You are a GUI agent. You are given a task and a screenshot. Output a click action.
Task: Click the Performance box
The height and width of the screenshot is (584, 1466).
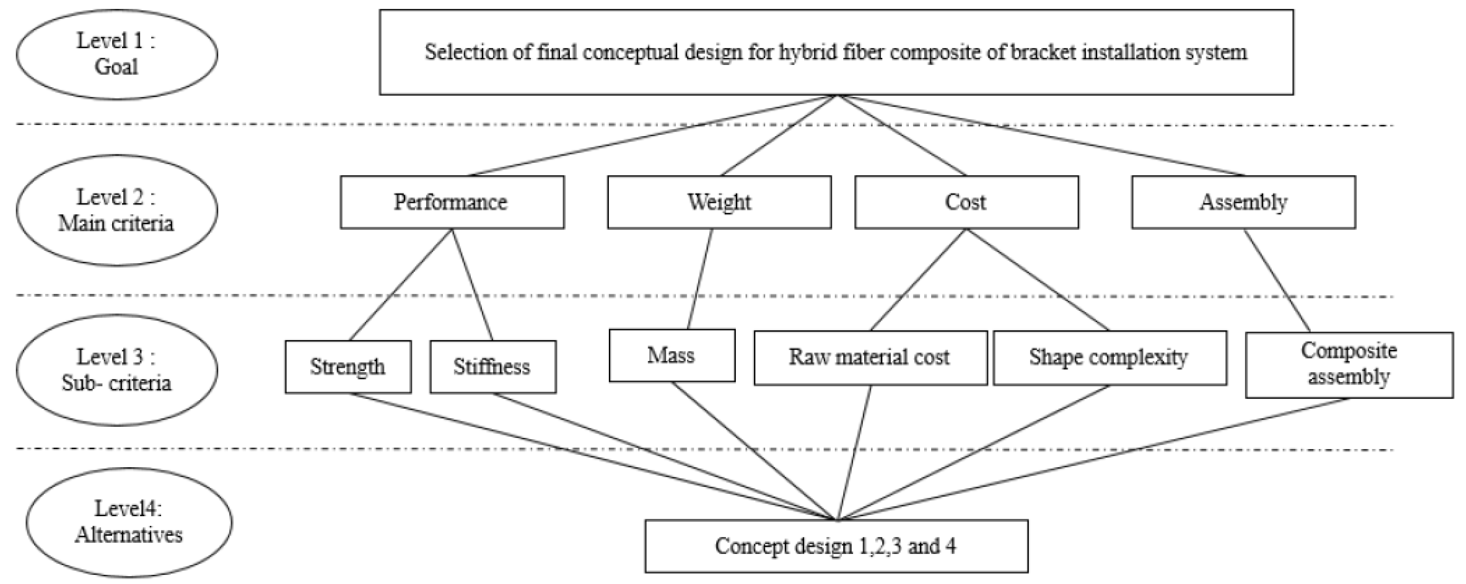click(452, 202)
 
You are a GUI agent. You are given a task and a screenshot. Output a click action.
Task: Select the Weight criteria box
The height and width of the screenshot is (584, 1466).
click(719, 202)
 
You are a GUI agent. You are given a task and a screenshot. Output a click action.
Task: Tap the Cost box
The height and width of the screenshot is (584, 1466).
click(966, 202)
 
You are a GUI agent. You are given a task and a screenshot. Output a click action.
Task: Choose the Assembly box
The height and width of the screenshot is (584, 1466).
click(1243, 202)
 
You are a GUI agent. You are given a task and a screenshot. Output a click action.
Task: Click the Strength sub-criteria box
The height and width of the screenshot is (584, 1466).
click(348, 367)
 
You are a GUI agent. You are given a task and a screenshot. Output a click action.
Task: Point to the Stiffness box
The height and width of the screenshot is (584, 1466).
click(492, 367)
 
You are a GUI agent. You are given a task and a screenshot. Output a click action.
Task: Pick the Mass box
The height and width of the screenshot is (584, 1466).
click(671, 355)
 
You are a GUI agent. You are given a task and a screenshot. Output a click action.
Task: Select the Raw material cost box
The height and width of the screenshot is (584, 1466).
click(870, 358)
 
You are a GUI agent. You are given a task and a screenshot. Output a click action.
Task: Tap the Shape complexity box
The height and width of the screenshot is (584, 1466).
click(1109, 358)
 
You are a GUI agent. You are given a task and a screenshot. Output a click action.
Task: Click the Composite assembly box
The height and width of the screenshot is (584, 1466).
click(1348, 364)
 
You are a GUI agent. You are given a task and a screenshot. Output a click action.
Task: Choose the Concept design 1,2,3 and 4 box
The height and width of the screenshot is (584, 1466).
click(836, 546)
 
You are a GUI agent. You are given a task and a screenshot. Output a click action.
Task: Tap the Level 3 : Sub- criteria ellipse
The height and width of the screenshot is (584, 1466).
click(117, 370)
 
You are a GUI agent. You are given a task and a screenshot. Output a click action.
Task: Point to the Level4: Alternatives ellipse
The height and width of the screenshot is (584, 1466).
click(129, 522)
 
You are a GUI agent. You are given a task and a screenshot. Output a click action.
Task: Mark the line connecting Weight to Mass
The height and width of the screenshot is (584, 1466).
click(700, 279)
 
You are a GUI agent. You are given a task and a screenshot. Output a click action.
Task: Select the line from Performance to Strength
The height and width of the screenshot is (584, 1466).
click(401, 285)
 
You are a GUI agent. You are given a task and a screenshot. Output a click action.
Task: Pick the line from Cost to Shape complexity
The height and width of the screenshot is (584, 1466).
click(1037, 279)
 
